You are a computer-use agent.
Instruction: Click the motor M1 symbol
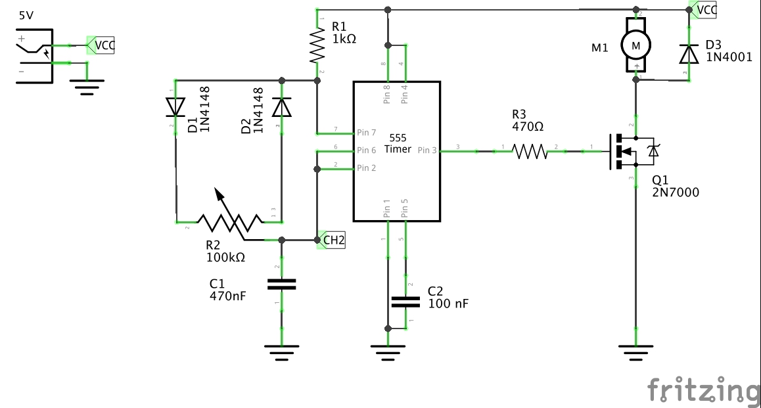click(635, 45)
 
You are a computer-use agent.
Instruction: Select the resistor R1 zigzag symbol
click(317, 45)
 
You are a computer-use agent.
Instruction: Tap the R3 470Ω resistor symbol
click(530, 152)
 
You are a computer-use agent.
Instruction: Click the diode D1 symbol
click(175, 106)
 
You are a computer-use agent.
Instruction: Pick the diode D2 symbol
click(281, 106)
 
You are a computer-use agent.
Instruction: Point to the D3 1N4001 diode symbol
click(689, 53)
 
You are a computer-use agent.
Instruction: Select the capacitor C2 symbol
click(405, 302)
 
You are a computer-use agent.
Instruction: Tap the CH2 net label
click(333, 240)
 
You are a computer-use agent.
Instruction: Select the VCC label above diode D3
click(705, 10)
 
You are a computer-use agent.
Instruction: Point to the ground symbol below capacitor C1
click(281, 353)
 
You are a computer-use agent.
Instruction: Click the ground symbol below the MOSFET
click(635, 353)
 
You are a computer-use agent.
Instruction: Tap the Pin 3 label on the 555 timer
click(427, 150)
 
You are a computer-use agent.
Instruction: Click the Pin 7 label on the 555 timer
click(367, 132)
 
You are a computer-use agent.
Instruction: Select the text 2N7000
click(676, 193)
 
